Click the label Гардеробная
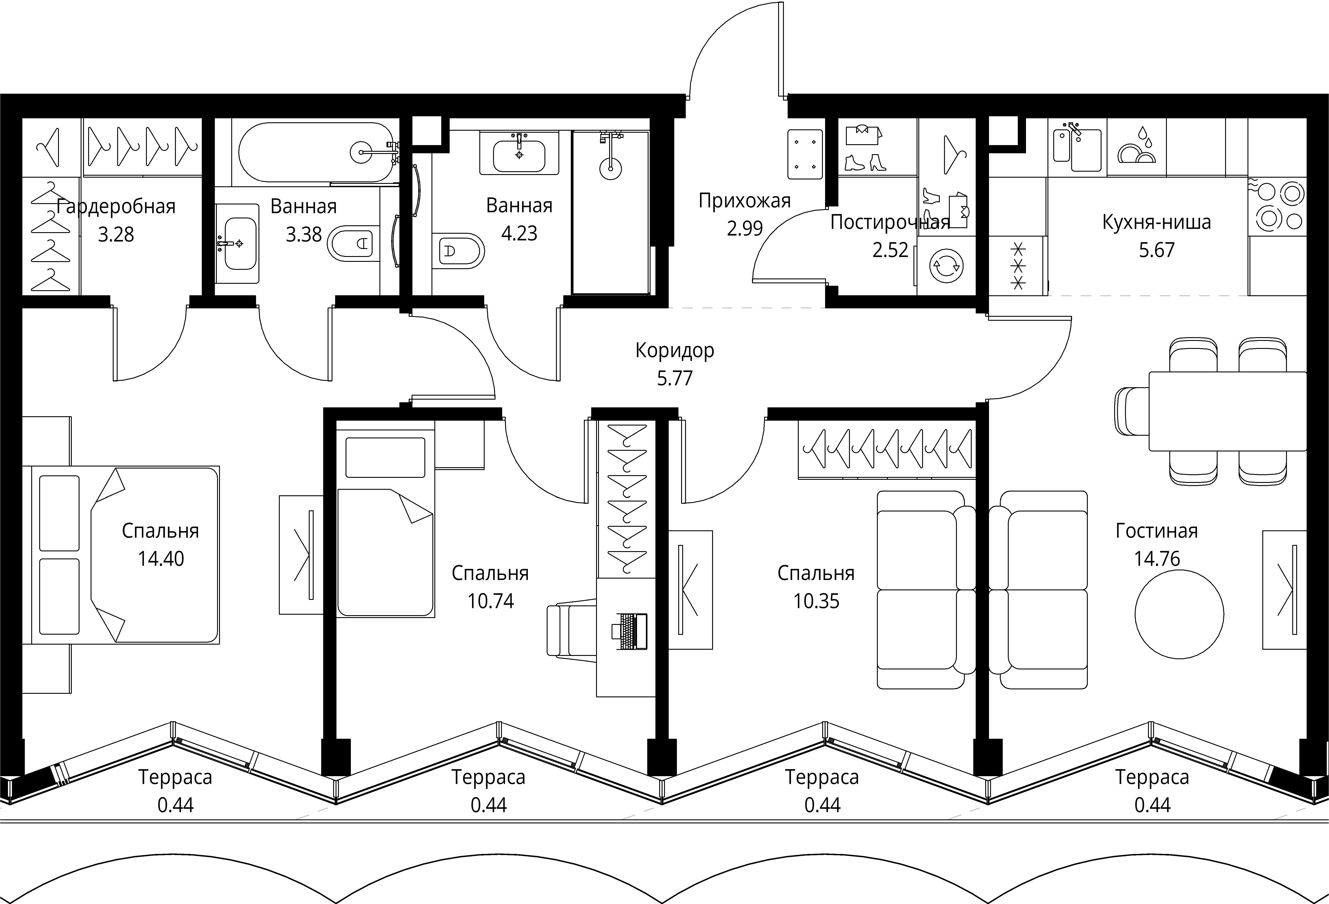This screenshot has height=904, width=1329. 116,206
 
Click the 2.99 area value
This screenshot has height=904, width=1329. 744,228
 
